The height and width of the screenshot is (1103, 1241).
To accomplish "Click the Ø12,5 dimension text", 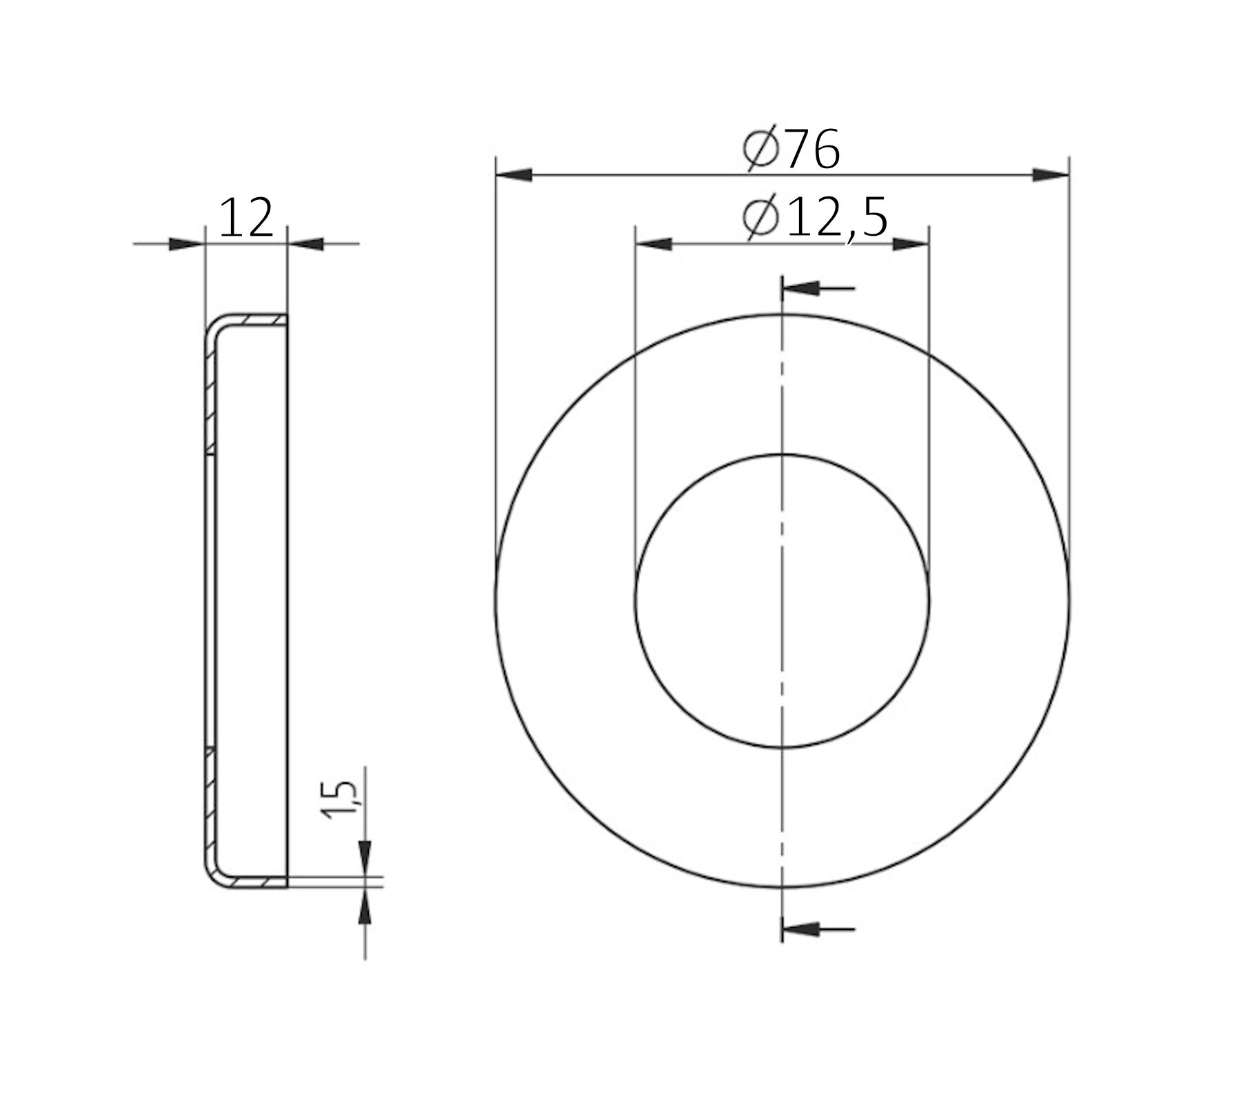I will (x=816, y=218).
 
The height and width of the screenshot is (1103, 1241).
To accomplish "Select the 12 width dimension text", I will (x=246, y=219).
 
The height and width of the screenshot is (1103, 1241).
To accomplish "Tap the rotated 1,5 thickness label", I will (x=339, y=800).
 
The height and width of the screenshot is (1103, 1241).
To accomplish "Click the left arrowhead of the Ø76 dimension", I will (x=514, y=175).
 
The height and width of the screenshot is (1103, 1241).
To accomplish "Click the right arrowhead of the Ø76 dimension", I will (x=1051, y=175).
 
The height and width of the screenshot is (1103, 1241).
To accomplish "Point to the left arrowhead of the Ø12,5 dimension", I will (x=654, y=244).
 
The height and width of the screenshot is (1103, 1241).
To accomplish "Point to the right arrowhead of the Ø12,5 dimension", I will (x=911, y=244).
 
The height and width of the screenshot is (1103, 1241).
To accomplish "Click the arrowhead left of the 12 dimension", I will (x=187, y=243).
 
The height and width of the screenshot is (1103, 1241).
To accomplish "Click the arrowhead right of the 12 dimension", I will (x=306, y=243).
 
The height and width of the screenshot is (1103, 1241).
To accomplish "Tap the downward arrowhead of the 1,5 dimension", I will (x=365, y=858).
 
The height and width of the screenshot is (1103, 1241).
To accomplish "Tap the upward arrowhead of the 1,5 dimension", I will (x=365, y=904).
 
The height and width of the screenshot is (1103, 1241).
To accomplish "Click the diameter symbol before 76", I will (x=761, y=149).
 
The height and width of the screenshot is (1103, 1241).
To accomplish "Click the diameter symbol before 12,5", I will (x=760, y=218).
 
